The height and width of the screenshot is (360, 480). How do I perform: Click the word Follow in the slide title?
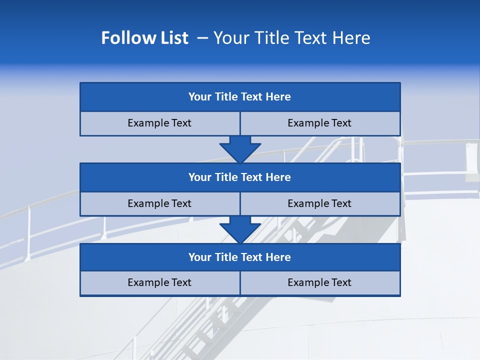123,38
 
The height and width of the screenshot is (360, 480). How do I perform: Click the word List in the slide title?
172,38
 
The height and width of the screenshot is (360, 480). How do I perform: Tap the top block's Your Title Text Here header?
239,97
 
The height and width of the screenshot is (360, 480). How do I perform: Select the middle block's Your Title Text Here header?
239,177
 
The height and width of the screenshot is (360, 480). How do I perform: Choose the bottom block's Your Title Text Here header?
239,257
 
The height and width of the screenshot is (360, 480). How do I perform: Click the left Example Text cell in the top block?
159,123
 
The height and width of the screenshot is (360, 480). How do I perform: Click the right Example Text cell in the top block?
319,123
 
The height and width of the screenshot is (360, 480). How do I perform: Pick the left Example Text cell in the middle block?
159,203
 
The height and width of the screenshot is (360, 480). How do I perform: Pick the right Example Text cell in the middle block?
319,203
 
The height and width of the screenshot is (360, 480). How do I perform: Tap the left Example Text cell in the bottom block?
159,282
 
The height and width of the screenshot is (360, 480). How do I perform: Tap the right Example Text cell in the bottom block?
319,282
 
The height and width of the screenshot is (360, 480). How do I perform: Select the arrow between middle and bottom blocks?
240,229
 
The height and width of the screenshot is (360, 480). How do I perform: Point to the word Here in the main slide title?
353,38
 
